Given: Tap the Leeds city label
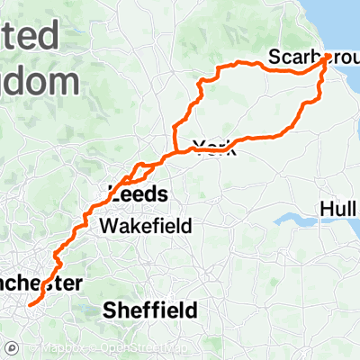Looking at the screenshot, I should (x=137, y=193).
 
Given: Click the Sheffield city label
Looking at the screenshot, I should (x=150, y=310).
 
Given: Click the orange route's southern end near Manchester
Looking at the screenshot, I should (x=30, y=304).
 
